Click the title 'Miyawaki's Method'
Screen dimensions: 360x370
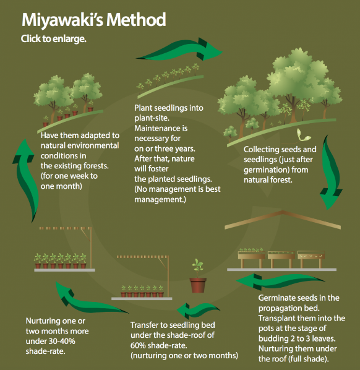click(x=94, y=20)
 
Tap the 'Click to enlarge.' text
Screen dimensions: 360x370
click(x=54, y=39)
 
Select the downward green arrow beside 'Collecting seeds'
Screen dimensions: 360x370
click(x=331, y=172)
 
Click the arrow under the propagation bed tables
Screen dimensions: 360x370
click(x=280, y=282)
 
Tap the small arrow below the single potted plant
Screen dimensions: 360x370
click(x=198, y=311)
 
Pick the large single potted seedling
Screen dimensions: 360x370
click(x=198, y=276)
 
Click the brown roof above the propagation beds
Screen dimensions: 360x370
click(x=283, y=220)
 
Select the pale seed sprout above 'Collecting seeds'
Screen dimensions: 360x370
click(x=302, y=136)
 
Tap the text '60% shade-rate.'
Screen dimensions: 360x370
click(x=158, y=345)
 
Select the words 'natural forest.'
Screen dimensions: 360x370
click(x=268, y=180)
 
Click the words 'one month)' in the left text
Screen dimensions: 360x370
click(x=61, y=186)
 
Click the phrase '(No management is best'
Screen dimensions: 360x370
click(x=178, y=189)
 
